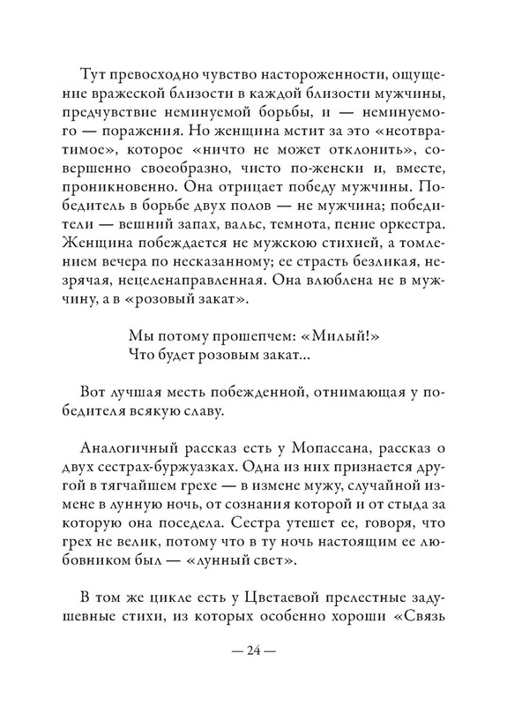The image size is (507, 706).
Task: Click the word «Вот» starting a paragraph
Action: (x=93, y=412)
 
